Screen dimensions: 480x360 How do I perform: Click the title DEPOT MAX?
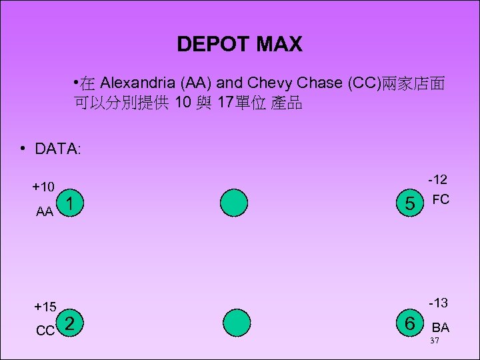[239, 45]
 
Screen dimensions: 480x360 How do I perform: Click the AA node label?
[45, 212]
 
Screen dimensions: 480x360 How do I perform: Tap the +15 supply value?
[45, 307]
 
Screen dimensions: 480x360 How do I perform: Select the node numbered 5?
[409, 204]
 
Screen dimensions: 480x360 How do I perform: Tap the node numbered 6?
[409, 324]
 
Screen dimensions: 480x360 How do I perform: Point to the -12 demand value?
[437, 179]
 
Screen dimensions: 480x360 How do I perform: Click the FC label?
[441, 199]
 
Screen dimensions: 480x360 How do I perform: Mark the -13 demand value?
[437, 303]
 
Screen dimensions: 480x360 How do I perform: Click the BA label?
[441, 327]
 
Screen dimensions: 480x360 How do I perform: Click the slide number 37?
[434, 341]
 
